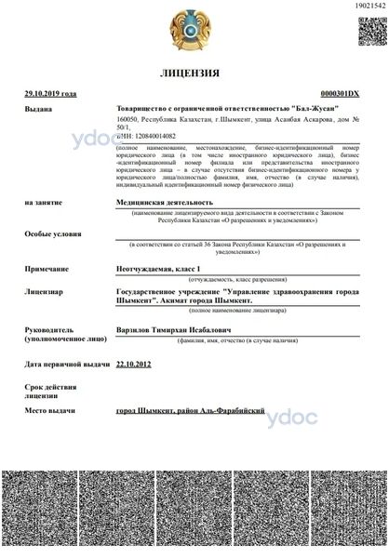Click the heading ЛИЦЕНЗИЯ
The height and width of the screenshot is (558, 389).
(x=191, y=72)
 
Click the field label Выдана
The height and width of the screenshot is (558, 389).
(x=40, y=109)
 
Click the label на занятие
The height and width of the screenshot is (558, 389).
(x=45, y=201)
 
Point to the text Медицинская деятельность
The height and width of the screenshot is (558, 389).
(x=164, y=201)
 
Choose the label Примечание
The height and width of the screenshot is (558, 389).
(x=47, y=268)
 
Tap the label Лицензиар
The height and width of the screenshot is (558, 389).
(x=45, y=291)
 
